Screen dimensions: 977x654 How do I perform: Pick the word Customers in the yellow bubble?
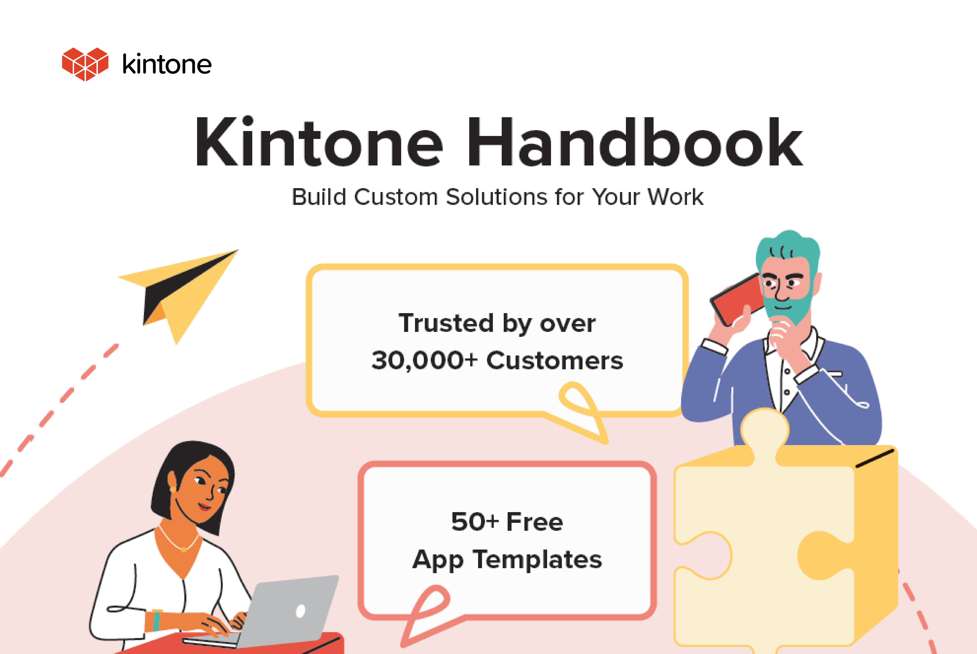554,360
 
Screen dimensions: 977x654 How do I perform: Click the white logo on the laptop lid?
300,611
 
